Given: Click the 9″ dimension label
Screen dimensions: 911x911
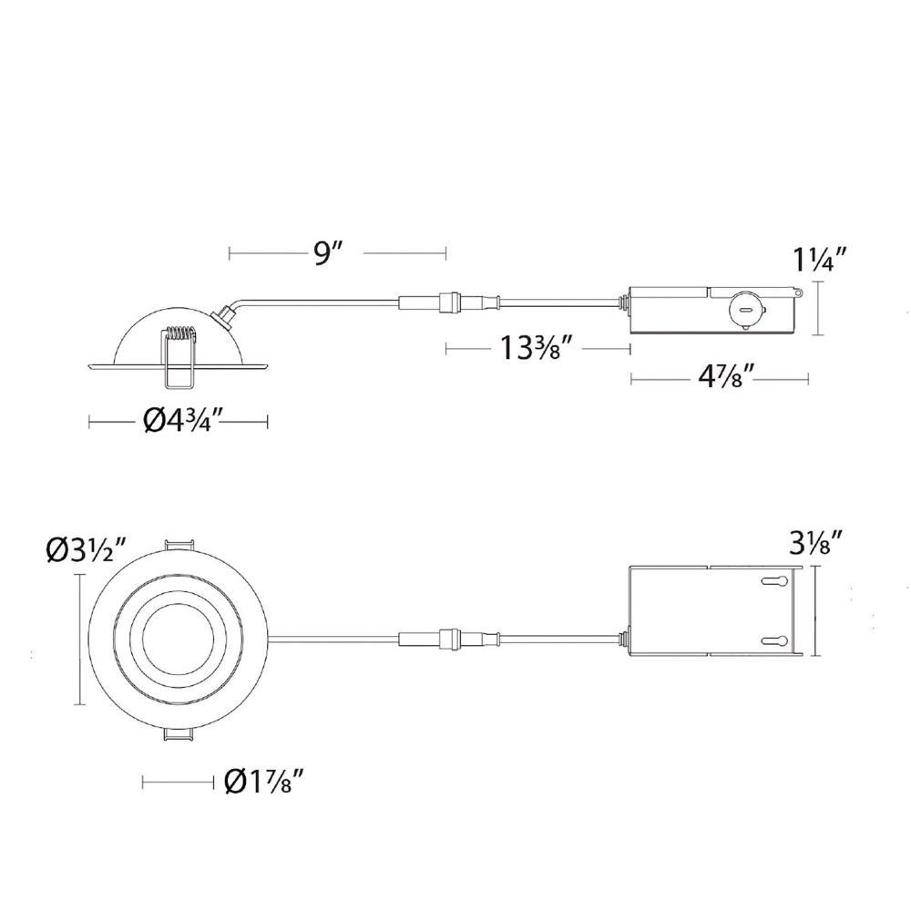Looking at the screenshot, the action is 325,253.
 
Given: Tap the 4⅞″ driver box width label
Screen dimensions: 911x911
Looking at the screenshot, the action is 726,378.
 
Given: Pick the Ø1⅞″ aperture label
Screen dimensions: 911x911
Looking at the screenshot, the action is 264,782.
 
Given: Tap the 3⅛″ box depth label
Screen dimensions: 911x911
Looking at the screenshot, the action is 815,545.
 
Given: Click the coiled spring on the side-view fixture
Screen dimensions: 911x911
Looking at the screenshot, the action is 180,334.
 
